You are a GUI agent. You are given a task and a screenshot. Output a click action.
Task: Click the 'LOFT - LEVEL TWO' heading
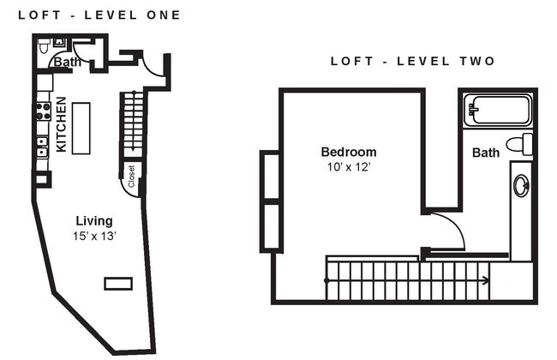click(413, 61)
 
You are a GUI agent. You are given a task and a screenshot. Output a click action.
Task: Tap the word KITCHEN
click(62, 124)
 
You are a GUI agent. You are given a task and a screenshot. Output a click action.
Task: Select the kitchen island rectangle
click(81, 128)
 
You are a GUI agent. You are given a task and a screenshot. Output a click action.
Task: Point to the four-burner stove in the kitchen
click(42, 111)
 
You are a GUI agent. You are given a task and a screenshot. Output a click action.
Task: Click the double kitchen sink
click(42, 147)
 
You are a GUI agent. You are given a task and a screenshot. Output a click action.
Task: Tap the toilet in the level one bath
click(57, 43)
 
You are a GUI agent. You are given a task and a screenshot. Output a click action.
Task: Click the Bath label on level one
click(66, 62)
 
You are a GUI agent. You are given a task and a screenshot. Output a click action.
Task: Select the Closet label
click(131, 177)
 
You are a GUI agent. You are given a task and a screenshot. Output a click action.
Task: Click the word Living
click(93, 220)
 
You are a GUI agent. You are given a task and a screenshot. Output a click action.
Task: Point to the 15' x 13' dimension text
click(94, 236)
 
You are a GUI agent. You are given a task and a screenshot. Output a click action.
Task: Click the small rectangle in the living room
click(118, 283)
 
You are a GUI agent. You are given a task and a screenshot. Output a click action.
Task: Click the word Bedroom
click(348, 152)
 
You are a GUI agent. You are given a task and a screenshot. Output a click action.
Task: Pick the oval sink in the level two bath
click(521, 185)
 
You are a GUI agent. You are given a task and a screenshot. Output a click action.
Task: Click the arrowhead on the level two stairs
click(486, 280)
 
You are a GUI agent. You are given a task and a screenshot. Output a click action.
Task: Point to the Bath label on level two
click(486, 153)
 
